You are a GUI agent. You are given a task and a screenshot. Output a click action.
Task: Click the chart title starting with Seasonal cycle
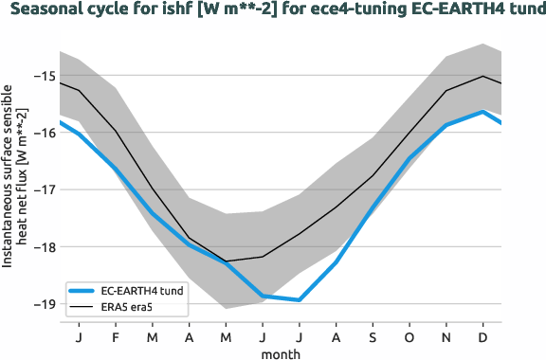click(x=273, y=11)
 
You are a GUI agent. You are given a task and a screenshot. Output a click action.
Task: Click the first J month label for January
click(x=78, y=336)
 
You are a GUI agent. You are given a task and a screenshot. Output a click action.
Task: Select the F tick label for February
click(x=115, y=336)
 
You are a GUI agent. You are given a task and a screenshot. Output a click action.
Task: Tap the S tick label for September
click(x=373, y=336)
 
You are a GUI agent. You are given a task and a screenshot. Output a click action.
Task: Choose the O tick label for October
click(x=409, y=336)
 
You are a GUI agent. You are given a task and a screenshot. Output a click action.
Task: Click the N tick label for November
click(x=446, y=336)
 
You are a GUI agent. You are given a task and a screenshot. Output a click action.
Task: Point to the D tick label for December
click(x=483, y=336)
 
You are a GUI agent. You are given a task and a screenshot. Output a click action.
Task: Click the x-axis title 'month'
click(x=281, y=352)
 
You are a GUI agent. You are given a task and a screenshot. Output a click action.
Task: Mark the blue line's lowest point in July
click(x=300, y=300)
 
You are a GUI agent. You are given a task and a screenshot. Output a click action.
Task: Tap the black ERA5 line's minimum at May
click(x=226, y=261)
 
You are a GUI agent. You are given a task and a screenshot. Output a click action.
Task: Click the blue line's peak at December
click(x=483, y=112)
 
